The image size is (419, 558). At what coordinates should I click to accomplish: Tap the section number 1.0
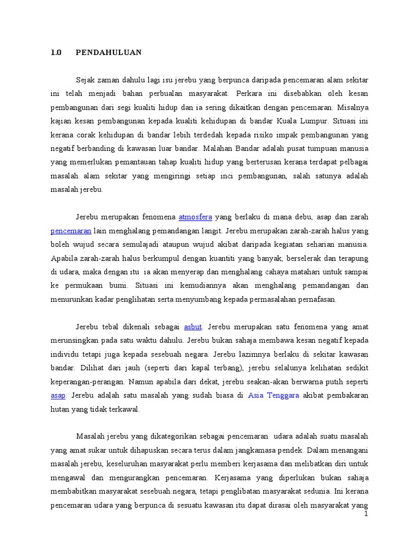coord(56,53)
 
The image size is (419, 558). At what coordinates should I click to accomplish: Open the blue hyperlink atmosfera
coord(195,217)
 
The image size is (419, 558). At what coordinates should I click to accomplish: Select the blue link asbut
coord(193,327)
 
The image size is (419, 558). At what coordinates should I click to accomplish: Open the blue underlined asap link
coord(58,396)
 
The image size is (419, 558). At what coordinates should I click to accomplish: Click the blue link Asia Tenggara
coord(273,396)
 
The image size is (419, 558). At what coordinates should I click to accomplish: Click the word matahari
coord(300,272)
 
